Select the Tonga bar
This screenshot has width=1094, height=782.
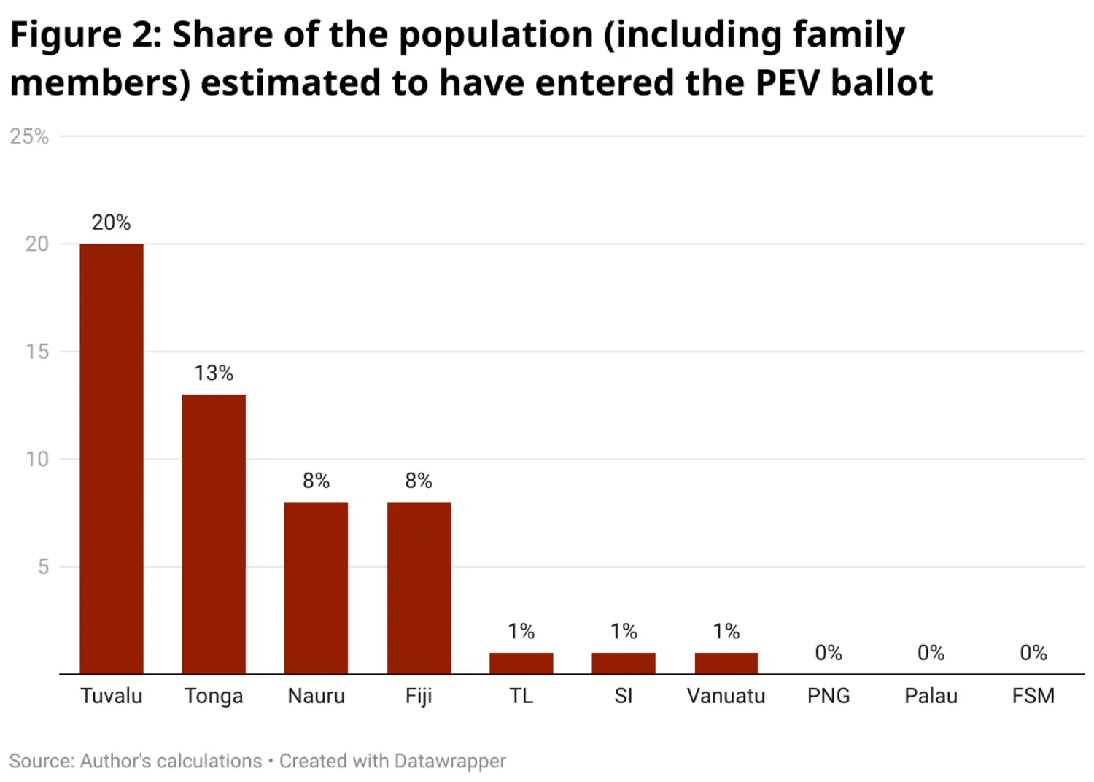(x=214, y=534)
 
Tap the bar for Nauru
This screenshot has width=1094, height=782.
(x=316, y=588)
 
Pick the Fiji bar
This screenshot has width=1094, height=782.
(x=419, y=588)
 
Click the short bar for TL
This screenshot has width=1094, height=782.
(x=521, y=663)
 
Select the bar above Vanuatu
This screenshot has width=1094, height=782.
(x=726, y=663)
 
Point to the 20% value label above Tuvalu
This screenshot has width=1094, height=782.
(x=111, y=222)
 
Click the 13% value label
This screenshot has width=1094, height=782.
(x=214, y=373)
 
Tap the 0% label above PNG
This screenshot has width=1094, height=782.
(x=829, y=653)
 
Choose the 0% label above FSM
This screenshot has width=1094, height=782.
(x=1033, y=653)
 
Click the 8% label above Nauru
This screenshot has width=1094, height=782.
(x=316, y=481)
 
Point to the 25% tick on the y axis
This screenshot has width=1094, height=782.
(x=29, y=136)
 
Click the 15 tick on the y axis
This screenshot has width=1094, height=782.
(x=37, y=352)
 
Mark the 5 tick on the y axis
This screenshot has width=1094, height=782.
(x=43, y=567)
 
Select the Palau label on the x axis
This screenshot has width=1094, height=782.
(x=931, y=696)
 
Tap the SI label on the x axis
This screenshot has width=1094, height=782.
(x=624, y=696)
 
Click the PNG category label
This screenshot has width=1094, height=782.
(x=829, y=696)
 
